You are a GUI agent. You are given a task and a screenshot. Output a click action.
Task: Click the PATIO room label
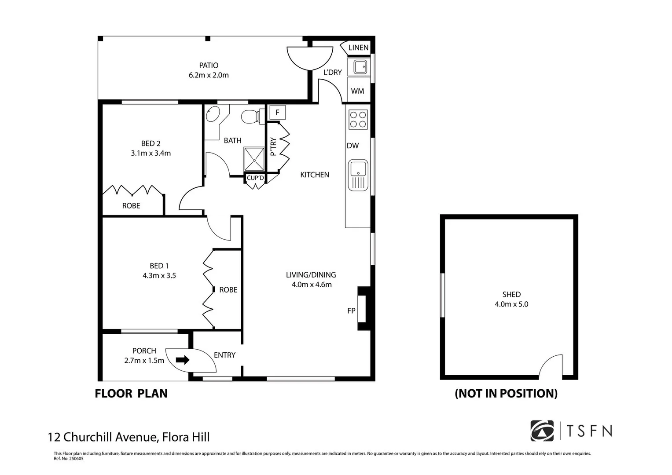[209, 65]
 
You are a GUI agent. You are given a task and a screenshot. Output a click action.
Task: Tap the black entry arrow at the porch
[183, 360]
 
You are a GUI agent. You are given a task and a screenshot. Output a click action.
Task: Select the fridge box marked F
[278, 113]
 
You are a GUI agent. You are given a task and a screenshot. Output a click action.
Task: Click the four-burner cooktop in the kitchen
[358, 119]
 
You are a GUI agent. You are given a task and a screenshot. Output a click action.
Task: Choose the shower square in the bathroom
[254, 159]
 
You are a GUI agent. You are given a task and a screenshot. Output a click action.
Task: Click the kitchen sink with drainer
[358, 175]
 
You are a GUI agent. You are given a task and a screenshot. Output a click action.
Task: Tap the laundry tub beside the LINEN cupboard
[360, 66]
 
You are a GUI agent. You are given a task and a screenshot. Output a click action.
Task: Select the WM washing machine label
[358, 91]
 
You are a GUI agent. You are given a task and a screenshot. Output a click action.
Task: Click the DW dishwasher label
[353, 146]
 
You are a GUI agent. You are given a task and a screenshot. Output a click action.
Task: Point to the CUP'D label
[255, 178]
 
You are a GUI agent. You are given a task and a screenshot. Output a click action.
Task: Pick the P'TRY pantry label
[273, 146]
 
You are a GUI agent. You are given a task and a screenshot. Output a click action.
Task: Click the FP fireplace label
[351, 311]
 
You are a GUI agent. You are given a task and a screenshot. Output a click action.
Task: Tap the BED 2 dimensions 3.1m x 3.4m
[151, 153]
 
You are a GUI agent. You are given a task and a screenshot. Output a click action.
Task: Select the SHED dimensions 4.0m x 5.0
[511, 304]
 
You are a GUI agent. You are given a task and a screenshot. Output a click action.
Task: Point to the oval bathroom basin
[213, 113]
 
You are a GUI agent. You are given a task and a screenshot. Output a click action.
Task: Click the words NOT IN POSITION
[507, 394]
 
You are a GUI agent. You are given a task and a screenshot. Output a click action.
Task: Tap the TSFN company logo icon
[542, 431]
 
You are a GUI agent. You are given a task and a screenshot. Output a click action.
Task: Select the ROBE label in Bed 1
[228, 290]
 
